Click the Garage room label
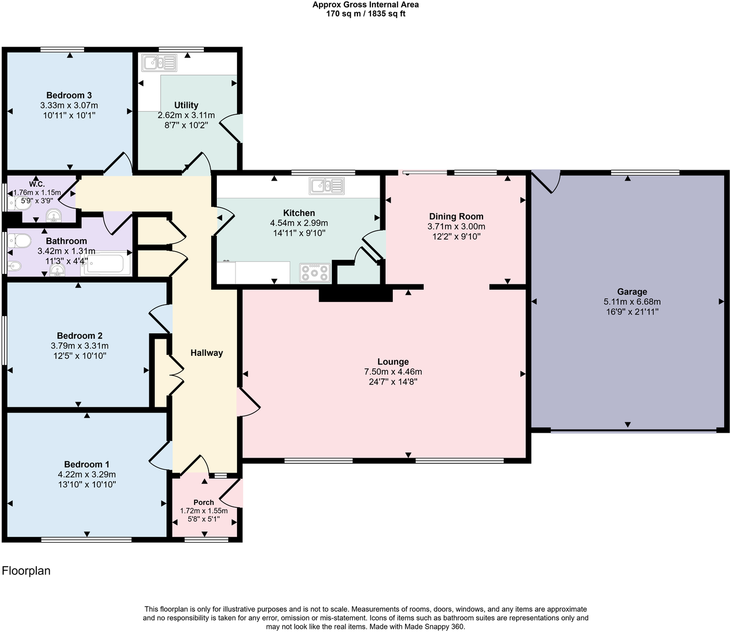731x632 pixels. [x=631, y=292]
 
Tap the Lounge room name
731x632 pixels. [x=393, y=362]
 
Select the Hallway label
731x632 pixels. [x=206, y=353]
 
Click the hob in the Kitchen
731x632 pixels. [x=315, y=273]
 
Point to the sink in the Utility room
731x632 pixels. [x=159, y=63]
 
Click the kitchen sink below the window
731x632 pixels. [x=326, y=186]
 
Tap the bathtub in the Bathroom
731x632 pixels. [x=106, y=263]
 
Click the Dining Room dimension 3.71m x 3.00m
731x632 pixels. [x=456, y=226]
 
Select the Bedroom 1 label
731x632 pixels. [x=87, y=464]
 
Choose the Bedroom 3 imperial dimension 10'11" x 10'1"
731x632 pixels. [x=70, y=115]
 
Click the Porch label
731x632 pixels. [x=204, y=502]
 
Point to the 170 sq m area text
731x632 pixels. [x=345, y=14]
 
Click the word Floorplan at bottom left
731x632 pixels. [x=26, y=570]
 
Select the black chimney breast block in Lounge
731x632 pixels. [x=356, y=294]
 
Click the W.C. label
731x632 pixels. [x=37, y=184]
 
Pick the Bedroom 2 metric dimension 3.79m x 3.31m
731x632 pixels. [x=79, y=346]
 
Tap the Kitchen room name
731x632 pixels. [x=299, y=213]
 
